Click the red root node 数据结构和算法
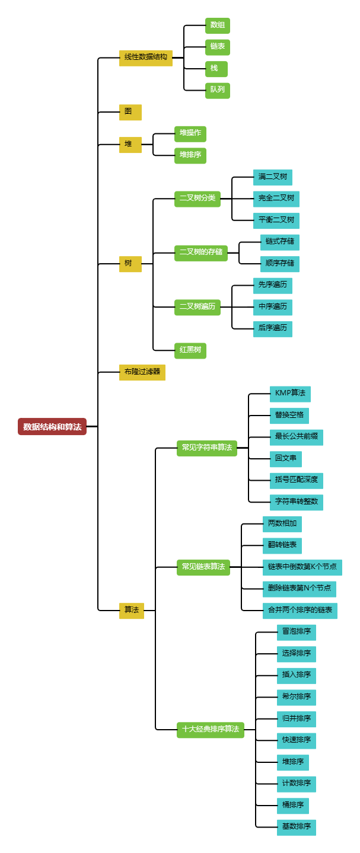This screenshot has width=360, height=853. (52, 426)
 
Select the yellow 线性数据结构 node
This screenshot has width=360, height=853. (145, 57)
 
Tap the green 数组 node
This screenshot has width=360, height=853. (218, 25)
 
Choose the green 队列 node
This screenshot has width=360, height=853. (218, 90)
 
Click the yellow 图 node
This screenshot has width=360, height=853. (130, 112)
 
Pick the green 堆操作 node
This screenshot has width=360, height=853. (190, 133)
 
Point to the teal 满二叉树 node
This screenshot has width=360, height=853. (272, 177)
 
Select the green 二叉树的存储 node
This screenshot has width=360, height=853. (201, 252)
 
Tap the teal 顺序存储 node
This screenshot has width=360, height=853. (279, 263)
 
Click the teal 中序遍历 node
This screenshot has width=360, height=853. (272, 307)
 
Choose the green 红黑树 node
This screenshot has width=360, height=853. (190, 350)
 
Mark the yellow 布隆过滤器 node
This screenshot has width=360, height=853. (142, 372)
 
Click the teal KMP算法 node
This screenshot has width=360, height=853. (290, 394)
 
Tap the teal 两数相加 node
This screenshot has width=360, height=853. (282, 524)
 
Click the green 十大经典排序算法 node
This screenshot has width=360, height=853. (210, 730)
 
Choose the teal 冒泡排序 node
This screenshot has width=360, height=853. (296, 632)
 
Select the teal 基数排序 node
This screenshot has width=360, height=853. (296, 827)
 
